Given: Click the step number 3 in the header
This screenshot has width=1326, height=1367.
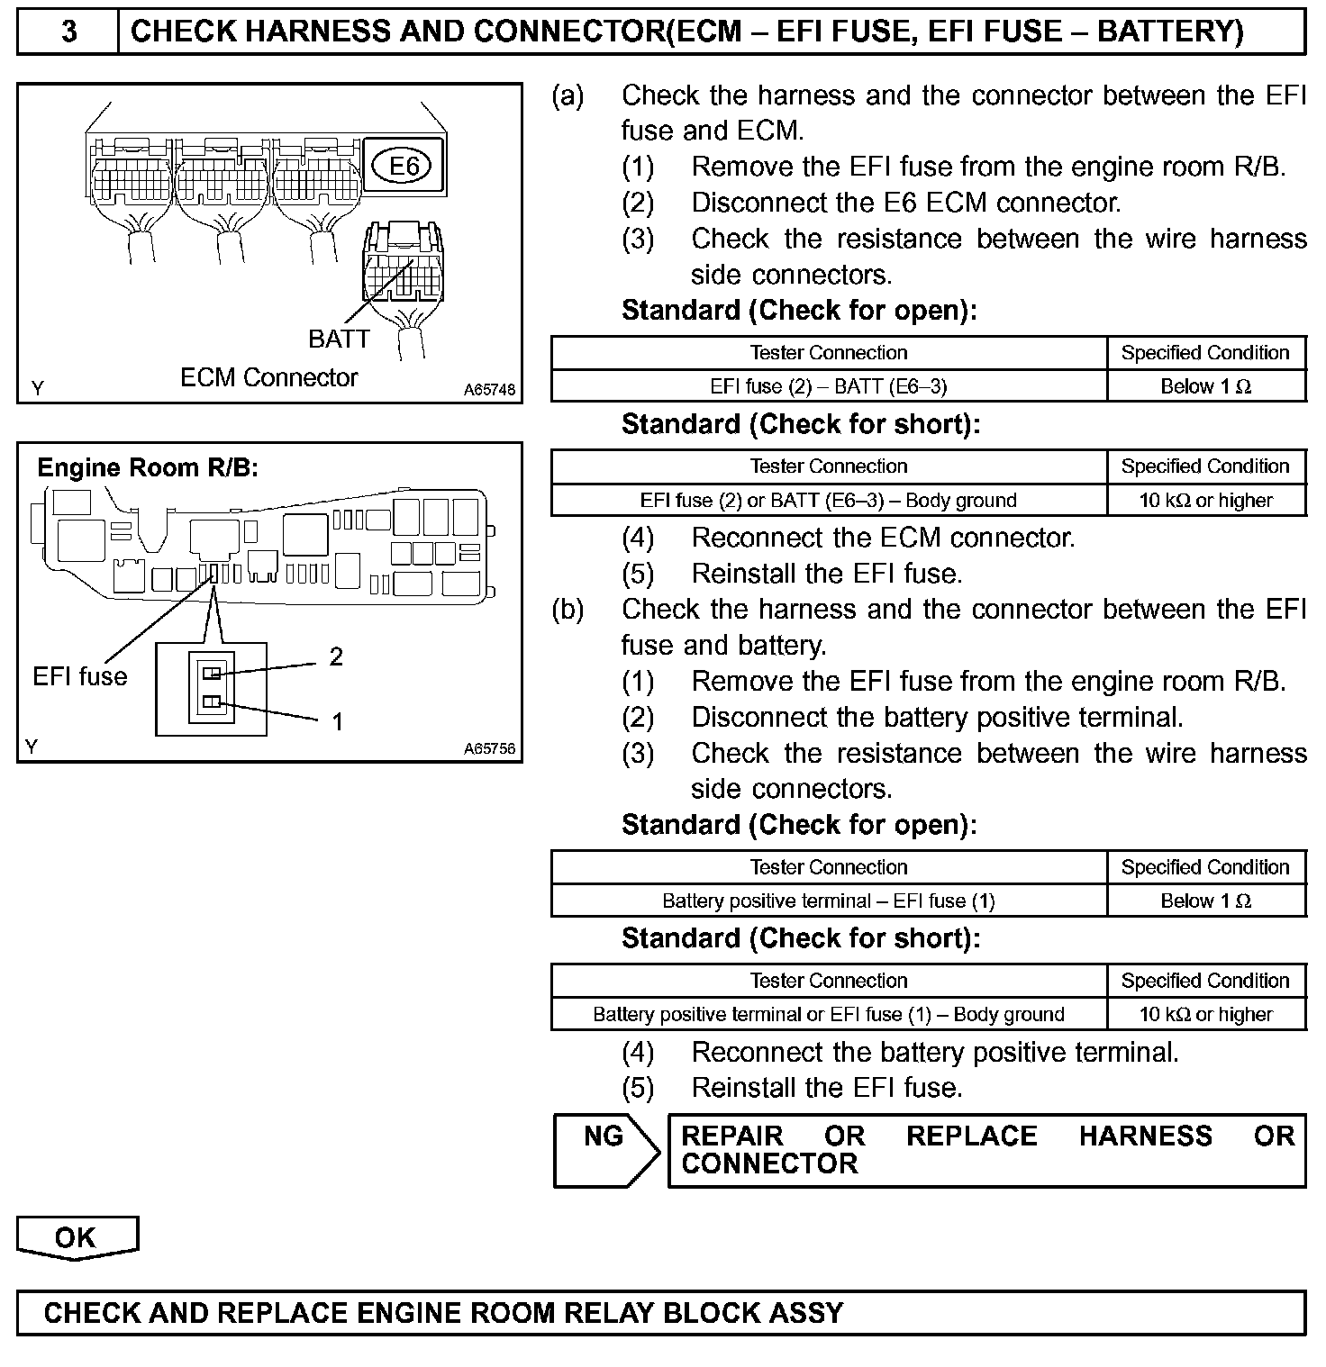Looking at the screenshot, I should tap(68, 32).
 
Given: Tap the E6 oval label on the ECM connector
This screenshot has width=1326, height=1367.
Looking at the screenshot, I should tap(404, 166).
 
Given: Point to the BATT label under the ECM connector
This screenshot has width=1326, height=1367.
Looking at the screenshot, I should tap(339, 339).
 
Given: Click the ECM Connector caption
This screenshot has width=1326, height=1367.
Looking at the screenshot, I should tap(268, 377).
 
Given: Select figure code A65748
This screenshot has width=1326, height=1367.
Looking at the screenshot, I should tap(490, 390).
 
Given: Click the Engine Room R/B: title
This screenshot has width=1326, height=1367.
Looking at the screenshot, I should tap(148, 467).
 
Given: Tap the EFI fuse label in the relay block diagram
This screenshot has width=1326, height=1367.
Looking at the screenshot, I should tap(80, 676).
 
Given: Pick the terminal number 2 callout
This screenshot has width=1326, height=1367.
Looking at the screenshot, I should tap(336, 656).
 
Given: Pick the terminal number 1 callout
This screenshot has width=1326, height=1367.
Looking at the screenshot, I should tap(337, 721).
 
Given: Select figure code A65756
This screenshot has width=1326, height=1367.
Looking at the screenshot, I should tap(490, 748).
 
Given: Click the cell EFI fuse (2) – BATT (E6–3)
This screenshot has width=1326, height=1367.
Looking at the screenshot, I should tap(828, 386).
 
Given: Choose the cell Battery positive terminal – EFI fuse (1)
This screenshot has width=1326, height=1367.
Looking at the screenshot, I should tap(828, 901).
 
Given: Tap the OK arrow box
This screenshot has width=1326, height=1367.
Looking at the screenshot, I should tap(77, 1237).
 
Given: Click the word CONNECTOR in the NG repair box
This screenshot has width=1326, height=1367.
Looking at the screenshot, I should tap(769, 1164).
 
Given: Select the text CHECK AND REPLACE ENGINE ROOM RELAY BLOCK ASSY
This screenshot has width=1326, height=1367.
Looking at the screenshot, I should tap(443, 1313).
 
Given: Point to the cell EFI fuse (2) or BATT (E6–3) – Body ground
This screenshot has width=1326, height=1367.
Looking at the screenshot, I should tap(828, 500).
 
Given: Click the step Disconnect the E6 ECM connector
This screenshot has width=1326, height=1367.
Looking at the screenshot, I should tap(905, 203).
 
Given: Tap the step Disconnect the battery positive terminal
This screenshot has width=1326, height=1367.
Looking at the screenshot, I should tap(937, 718).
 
